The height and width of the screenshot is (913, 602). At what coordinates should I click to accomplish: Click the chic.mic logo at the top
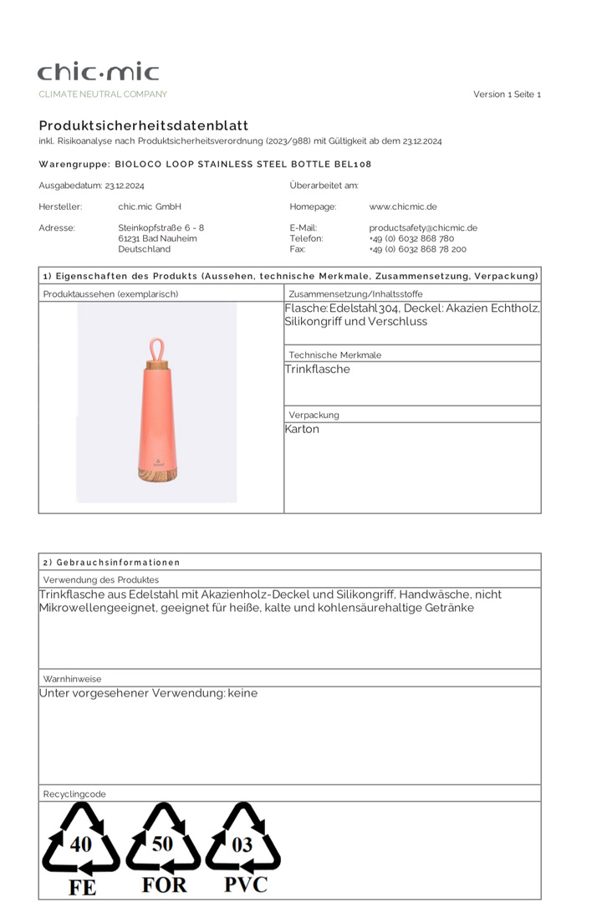tap(98, 72)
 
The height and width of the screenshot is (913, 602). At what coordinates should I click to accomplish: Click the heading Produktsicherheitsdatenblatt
tap(143, 125)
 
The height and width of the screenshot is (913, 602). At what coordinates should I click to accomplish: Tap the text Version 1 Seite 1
tap(507, 94)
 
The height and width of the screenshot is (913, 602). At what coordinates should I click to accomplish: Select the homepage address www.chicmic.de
tap(403, 207)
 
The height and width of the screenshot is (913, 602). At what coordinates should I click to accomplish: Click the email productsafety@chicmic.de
tap(423, 227)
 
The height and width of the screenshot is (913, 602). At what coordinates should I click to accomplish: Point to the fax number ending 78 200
tap(417, 249)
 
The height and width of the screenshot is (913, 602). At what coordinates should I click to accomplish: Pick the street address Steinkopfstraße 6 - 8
tap(161, 227)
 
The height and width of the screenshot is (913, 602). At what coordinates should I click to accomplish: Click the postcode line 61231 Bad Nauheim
tap(157, 238)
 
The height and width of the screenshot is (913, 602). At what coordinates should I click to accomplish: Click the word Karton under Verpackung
tap(303, 430)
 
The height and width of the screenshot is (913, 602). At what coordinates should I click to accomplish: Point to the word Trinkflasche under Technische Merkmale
tap(318, 370)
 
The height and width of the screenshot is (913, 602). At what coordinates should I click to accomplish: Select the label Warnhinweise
tap(72, 679)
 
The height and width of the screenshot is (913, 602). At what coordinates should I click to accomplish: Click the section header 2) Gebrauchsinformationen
tap(111, 563)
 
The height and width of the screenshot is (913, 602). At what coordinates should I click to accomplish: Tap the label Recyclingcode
tap(74, 794)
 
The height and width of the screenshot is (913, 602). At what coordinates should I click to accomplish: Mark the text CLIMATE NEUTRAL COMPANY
tap(103, 94)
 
